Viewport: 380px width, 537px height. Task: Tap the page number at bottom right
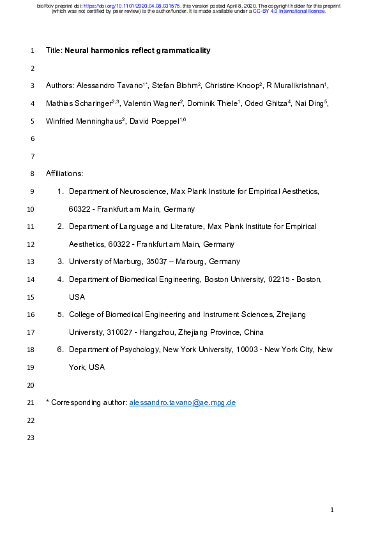pyautogui.click(x=332, y=510)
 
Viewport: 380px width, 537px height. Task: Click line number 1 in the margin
pyautogui.click(x=33, y=50)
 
